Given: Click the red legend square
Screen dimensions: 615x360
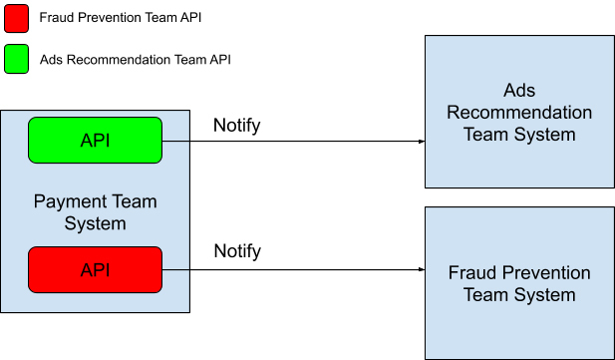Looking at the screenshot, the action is tap(17, 18).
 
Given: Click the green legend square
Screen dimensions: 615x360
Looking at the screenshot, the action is tap(17, 59).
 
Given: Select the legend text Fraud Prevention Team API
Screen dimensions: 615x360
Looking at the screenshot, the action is tap(121, 18).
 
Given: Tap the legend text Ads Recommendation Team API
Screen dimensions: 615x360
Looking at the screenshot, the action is tap(136, 60).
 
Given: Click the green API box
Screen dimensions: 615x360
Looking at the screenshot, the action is tap(95, 141).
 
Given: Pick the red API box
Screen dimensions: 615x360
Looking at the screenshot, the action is tap(95, 269).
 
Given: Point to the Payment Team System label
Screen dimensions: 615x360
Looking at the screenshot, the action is tap(96, 212).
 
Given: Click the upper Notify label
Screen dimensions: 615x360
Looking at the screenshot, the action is tap(237, 126).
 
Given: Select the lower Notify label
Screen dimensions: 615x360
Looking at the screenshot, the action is tap(237, 251).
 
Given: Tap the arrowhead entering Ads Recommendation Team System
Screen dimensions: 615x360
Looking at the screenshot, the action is tap(422, 142).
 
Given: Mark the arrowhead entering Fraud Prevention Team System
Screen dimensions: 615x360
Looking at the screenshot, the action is tap(422, 269).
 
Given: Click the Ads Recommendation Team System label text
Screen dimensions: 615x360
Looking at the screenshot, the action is tap(519, 113).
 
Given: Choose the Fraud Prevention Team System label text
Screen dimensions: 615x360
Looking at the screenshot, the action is tap(519, 284).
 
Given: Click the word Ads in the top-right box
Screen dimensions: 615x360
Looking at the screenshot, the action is tap(519, 91).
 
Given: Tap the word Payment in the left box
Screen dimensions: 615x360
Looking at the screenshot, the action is tap(67, 201).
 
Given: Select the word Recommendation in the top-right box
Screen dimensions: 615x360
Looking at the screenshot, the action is tap(519, 113).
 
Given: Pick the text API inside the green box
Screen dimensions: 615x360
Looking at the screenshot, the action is tap(95, 141).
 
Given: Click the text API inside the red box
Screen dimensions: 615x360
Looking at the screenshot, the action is tap(95, 270).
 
